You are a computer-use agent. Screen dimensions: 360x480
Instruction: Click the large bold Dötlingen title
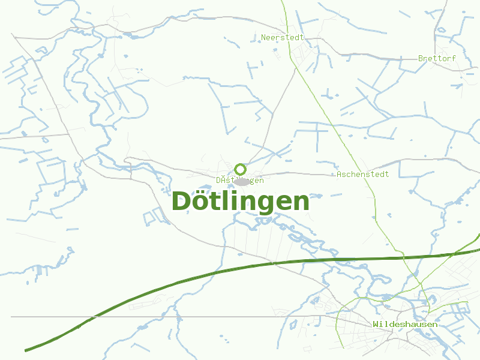pos(241,202)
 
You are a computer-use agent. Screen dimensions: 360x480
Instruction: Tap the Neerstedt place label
pos(282,37)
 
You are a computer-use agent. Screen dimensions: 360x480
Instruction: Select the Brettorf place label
pos(437,58)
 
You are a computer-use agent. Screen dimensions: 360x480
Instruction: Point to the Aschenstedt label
pos(362,174)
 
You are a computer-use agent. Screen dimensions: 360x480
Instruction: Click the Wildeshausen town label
pos(405,324)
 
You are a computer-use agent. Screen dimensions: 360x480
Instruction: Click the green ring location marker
pos(240,169)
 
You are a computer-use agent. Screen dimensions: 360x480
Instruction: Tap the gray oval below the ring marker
pos(241,182)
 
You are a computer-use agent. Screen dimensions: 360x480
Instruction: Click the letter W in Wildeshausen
pos(375,324)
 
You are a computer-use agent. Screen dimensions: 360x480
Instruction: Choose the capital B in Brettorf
pos(421,58)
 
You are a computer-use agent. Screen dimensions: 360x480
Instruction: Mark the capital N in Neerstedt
pos(263,37)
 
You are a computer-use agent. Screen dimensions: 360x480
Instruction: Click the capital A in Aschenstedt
pos(339,174)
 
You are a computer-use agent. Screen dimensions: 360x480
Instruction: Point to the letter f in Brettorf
pos(453,58)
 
